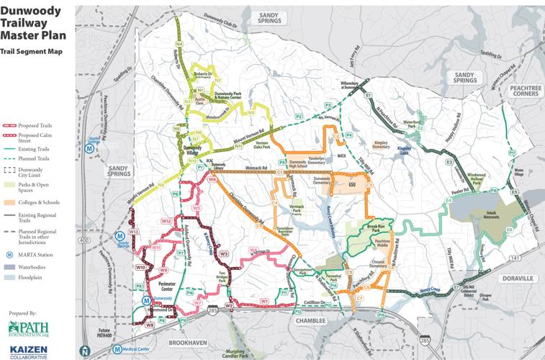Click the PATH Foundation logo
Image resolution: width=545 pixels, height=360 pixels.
click(29, 329)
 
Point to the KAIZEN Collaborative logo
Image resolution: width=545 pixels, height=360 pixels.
click(29, 351)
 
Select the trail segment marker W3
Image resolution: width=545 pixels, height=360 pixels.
click(224, 253)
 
